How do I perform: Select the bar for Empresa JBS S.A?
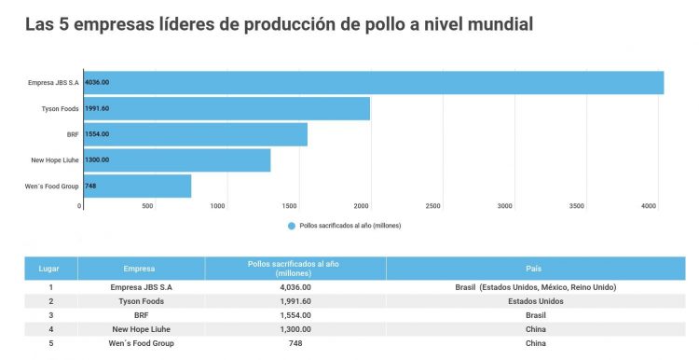pyautogui.click(x=373, y=83)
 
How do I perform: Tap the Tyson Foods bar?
pyautogui.click(x=226, y=108)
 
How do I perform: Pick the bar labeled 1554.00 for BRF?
pyautogui.click(x=195, y=134)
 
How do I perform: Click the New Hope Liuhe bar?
pyautogui.click(x=177, y=160)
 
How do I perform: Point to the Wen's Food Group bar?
pyautogui.click(x=137, y=187)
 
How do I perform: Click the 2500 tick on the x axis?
pyautogui.click(x=432, y=205)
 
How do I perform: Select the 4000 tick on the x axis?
pyautogui.click(x=648, y=205)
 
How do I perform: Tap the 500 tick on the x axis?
pyautogui.click(x=147, y=205)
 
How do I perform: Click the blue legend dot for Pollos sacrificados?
pyautogui.click(x=292, y=226)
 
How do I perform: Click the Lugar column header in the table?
pyautogui.click(x=49, y=269)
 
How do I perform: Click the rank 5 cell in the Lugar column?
pyautogui.click(x=49, y=343)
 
